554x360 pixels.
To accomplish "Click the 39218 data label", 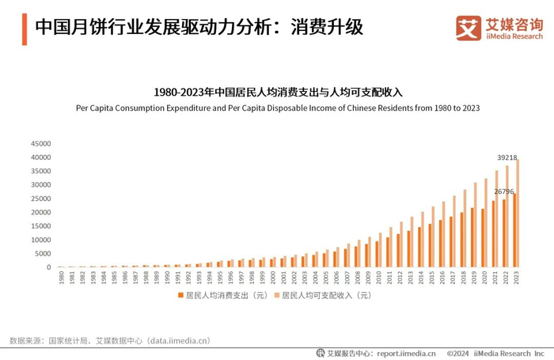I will (507, 157).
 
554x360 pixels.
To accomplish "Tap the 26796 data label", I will (504, 191).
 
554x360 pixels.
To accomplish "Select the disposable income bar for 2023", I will (518, 214).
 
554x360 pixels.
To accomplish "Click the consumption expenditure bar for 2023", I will (514, 230).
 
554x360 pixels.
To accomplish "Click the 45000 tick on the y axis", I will (40, 144).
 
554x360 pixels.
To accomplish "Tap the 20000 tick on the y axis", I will (40, 212).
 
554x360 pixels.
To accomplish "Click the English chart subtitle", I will (277, 108).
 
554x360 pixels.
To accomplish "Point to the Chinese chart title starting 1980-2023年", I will (277, 92).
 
